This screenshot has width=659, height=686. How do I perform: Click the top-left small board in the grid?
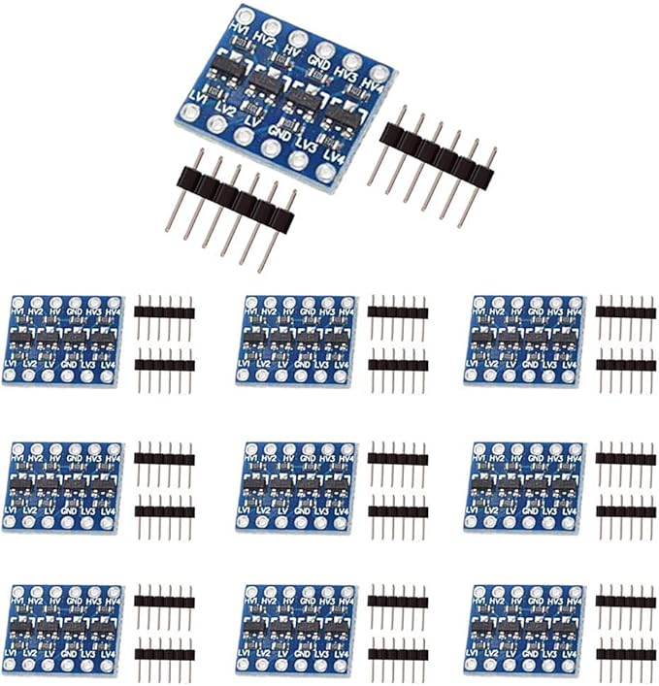tap(63, 339)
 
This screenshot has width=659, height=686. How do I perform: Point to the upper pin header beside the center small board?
tap(398, 458)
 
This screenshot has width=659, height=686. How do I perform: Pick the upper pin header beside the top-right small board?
tap(626, 312)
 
